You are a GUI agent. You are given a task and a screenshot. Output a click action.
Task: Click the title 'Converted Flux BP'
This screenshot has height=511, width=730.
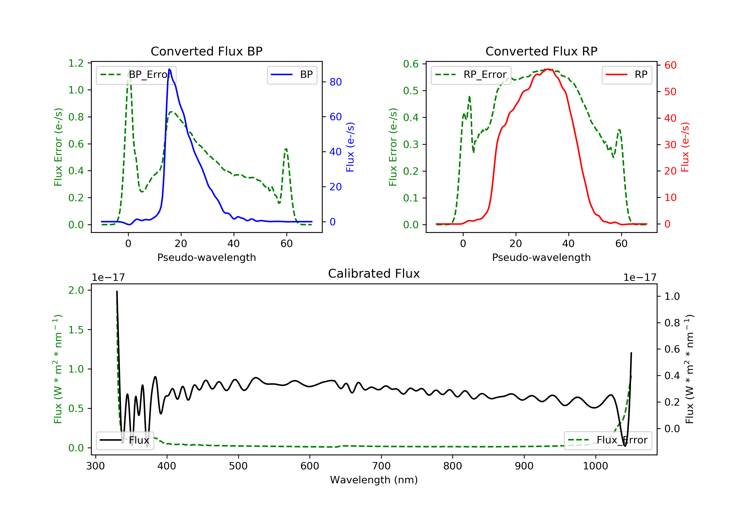click(206, 51)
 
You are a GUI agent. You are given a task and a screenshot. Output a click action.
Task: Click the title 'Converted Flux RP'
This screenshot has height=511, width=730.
click(541, 51)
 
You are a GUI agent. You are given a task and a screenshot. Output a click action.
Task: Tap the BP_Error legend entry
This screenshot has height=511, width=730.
click(136, 75)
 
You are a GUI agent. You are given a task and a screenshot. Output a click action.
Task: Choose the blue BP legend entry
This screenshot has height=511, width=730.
click(292, 75)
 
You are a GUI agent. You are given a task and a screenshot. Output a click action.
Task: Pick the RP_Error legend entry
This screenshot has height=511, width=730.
click(471, 75)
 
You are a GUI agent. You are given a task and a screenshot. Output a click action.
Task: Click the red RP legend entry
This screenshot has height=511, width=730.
click(627, 75)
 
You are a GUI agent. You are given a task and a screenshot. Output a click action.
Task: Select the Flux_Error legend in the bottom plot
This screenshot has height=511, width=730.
click(608, 440)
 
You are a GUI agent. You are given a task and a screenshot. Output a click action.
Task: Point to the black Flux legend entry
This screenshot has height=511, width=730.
click(125, 440)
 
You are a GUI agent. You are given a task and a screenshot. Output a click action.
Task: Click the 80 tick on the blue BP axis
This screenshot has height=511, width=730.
click(335, 82)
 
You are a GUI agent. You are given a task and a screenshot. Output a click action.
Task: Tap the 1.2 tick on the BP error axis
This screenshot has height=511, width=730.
click(76, 63)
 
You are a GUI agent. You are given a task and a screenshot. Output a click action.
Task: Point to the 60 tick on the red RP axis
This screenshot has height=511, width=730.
click(670, 65)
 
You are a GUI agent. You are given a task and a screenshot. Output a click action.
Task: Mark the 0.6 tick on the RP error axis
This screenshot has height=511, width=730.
click(411, 64)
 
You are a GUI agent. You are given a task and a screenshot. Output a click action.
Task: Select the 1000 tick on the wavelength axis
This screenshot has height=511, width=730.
click(595, 466)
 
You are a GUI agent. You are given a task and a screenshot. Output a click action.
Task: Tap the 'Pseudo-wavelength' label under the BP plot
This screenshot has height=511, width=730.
click(206, 257)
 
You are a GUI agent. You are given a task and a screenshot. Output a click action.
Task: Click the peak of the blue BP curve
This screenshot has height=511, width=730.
click(169, 69)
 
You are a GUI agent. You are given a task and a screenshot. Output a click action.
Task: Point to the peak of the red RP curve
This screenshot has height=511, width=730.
click(547, 69)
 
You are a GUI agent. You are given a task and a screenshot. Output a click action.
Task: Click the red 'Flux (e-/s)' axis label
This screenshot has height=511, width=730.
click(685, 147)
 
